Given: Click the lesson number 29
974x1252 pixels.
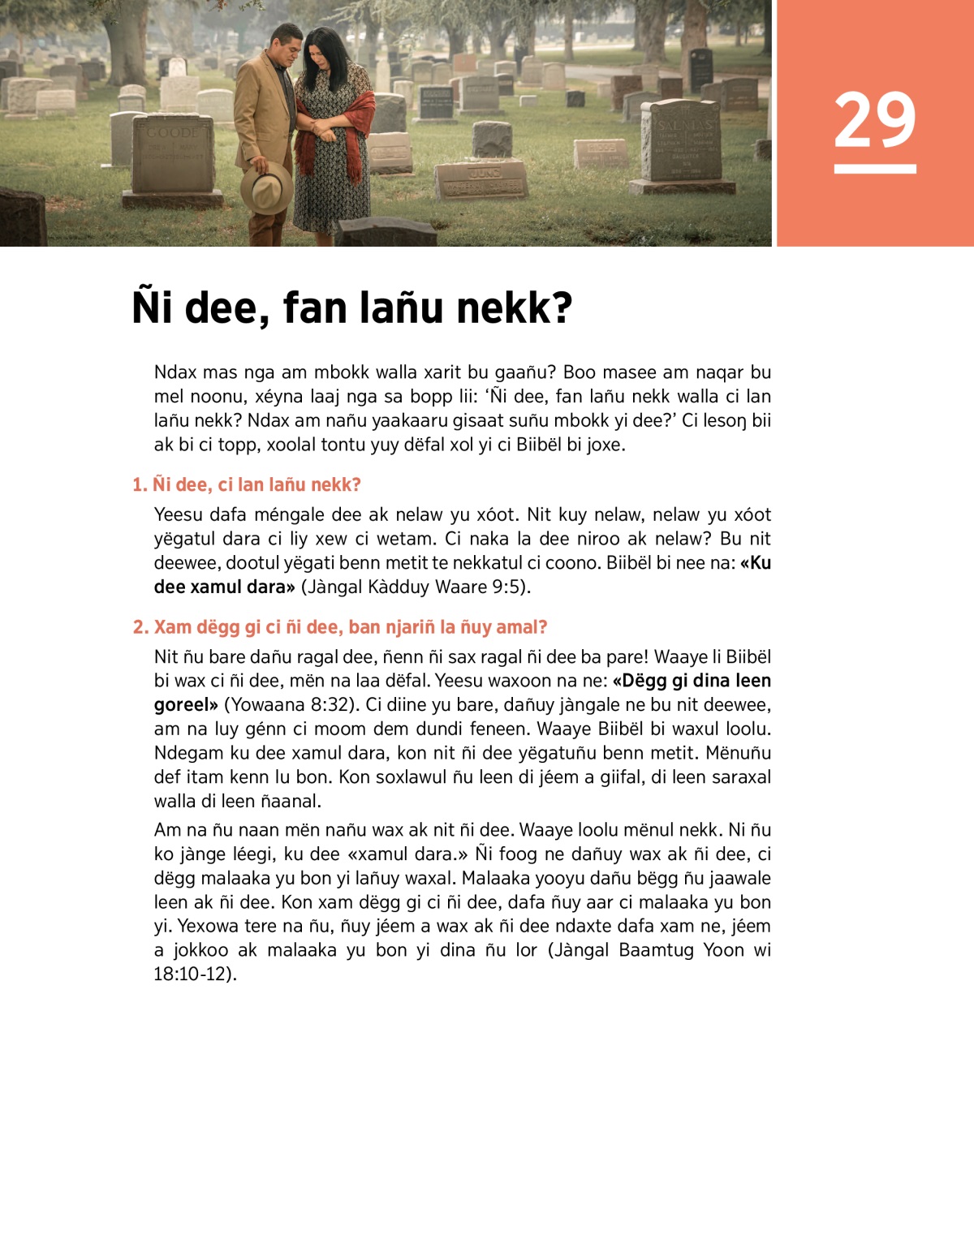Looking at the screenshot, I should [874, 120].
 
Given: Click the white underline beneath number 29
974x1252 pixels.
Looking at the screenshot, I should [874, 169].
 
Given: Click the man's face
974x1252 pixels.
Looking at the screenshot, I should [287, 49].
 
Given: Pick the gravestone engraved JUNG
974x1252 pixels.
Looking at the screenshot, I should [482, 179].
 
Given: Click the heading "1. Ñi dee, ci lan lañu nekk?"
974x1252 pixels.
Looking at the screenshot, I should [247, 485].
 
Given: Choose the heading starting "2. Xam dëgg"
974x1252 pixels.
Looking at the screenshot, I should [340, 627].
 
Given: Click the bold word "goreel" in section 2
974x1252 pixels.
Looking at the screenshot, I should [185, 704].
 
